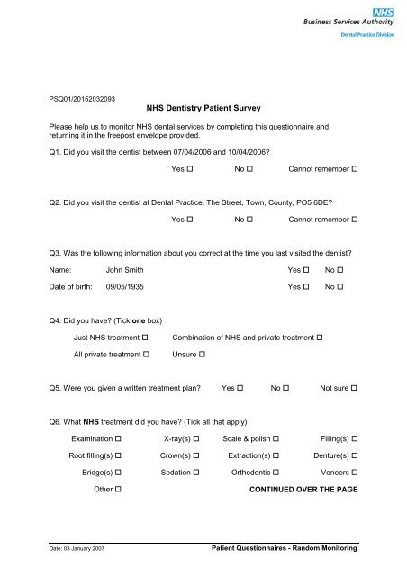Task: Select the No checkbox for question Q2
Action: pos(257,219)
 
